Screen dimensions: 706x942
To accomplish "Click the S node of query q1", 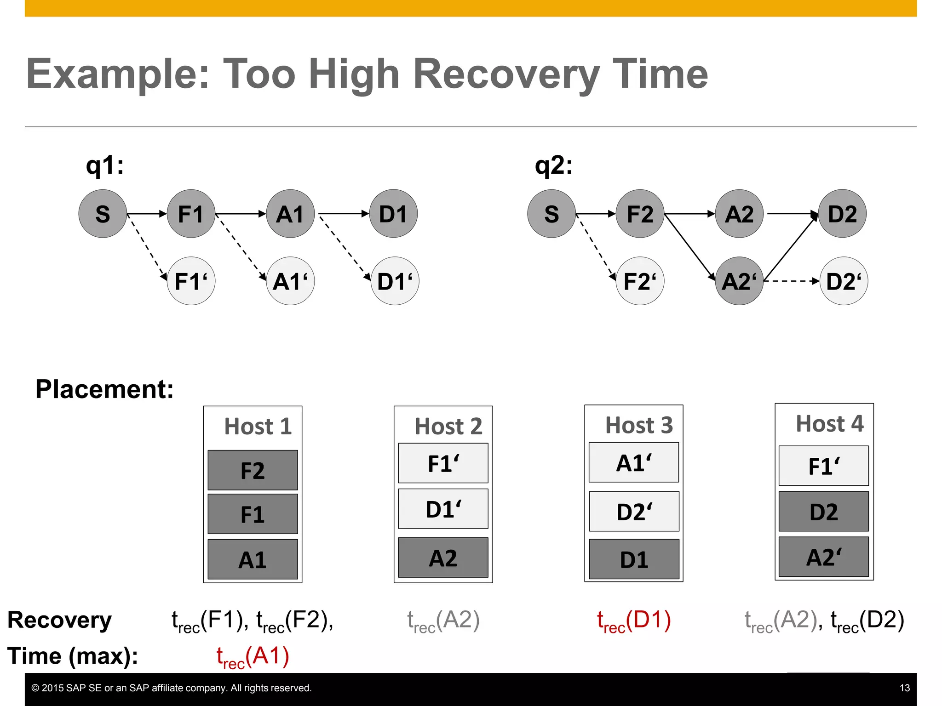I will click(x=103, y=214).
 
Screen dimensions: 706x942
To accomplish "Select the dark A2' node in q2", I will click(x=739, y=281).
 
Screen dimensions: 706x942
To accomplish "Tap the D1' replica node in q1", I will click(x=395, y=281).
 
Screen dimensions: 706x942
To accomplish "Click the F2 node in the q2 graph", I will click(x=640, y=214).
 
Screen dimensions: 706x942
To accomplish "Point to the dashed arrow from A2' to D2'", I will click(x=791, y=281).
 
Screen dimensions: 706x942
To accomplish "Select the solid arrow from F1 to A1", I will click(x=240, y=214).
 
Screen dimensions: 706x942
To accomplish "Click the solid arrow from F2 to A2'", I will click(x=689, y=246).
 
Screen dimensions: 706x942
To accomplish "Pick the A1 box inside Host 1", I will click(x=253, y=559).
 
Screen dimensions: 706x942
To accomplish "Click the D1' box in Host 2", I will click(x=443, y=509).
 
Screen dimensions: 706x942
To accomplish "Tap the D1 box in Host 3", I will click(x=634, y=559).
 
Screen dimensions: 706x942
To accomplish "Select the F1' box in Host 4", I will click(x=823, y=466).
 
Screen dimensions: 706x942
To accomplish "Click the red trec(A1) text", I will click(x=253, y=656).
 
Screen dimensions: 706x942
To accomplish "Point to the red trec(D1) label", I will click(x=634, y=621).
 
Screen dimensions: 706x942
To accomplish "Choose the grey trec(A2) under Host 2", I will click(x=443, y=621).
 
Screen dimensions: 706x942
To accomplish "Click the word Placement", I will click(x=104, y=389).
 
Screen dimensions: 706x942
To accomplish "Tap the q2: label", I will click(x=553, y=165).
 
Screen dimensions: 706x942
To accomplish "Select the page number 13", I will click(x=904, y=688).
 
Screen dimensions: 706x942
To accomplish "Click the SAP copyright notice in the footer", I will click(x=171, y=688).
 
